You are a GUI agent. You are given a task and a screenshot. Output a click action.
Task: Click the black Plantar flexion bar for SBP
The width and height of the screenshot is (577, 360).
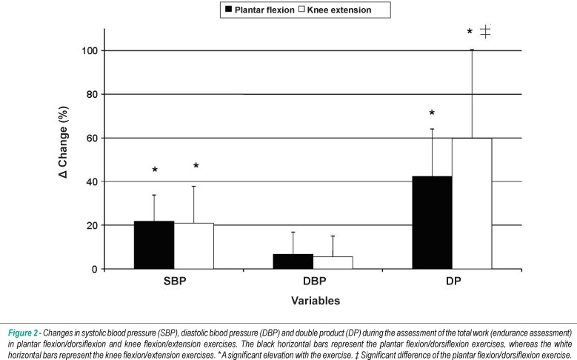[x=154, y=244]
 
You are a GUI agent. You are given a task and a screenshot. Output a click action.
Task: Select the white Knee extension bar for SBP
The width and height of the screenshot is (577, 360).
[x=193, y=246]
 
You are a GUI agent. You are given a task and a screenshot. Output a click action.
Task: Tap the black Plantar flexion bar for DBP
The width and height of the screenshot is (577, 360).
[x=293, y=261]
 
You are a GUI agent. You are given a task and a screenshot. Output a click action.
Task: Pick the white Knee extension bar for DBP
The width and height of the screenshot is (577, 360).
[x=333, y=263]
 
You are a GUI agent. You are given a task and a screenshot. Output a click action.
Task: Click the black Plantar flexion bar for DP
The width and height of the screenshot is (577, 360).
[x=432, y=223]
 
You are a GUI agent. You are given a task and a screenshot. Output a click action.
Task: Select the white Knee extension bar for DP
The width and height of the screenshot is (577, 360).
[x=472, y=204]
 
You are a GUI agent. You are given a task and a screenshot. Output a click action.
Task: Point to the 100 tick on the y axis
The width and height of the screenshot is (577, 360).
[x=90, y=50]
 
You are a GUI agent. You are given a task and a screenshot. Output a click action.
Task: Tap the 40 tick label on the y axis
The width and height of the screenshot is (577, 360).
[x=92, y=181]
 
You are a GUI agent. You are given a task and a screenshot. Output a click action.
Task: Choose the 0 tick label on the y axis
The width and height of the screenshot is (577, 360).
[x=95, y=269]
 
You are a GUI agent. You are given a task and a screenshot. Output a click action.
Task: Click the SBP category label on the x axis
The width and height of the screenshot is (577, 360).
[x=175, y=281]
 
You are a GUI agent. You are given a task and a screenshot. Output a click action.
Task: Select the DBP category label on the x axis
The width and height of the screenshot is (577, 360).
[x=314, y=281]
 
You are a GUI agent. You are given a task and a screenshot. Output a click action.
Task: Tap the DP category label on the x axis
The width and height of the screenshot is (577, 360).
[x=453, y=281]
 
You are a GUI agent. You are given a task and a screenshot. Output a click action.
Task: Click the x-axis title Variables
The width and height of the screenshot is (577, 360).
[x=316, y=301]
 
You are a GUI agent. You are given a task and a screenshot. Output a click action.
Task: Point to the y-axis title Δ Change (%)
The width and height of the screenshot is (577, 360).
[x=63, y=142]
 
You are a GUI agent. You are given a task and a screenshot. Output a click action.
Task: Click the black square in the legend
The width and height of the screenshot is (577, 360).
[x=228, y=9]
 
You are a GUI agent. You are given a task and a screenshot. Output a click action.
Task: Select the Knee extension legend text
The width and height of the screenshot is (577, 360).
[x=339, y=10]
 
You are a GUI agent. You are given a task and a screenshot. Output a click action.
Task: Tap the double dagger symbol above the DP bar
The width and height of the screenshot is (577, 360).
[x=485, y=31]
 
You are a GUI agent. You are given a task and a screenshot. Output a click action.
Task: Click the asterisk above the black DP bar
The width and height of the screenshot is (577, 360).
[x=432, y=113]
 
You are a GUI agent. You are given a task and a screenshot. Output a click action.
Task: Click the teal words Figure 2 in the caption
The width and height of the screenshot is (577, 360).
[x=23, y=333]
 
